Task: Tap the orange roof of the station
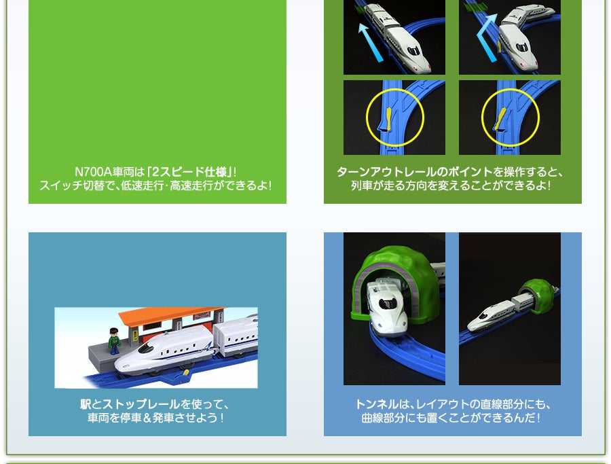172,315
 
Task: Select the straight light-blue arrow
371,42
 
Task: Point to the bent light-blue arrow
486,38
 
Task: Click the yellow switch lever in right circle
500,118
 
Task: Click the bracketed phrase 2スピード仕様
190,172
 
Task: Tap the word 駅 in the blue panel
86,404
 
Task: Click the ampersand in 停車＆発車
147,418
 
